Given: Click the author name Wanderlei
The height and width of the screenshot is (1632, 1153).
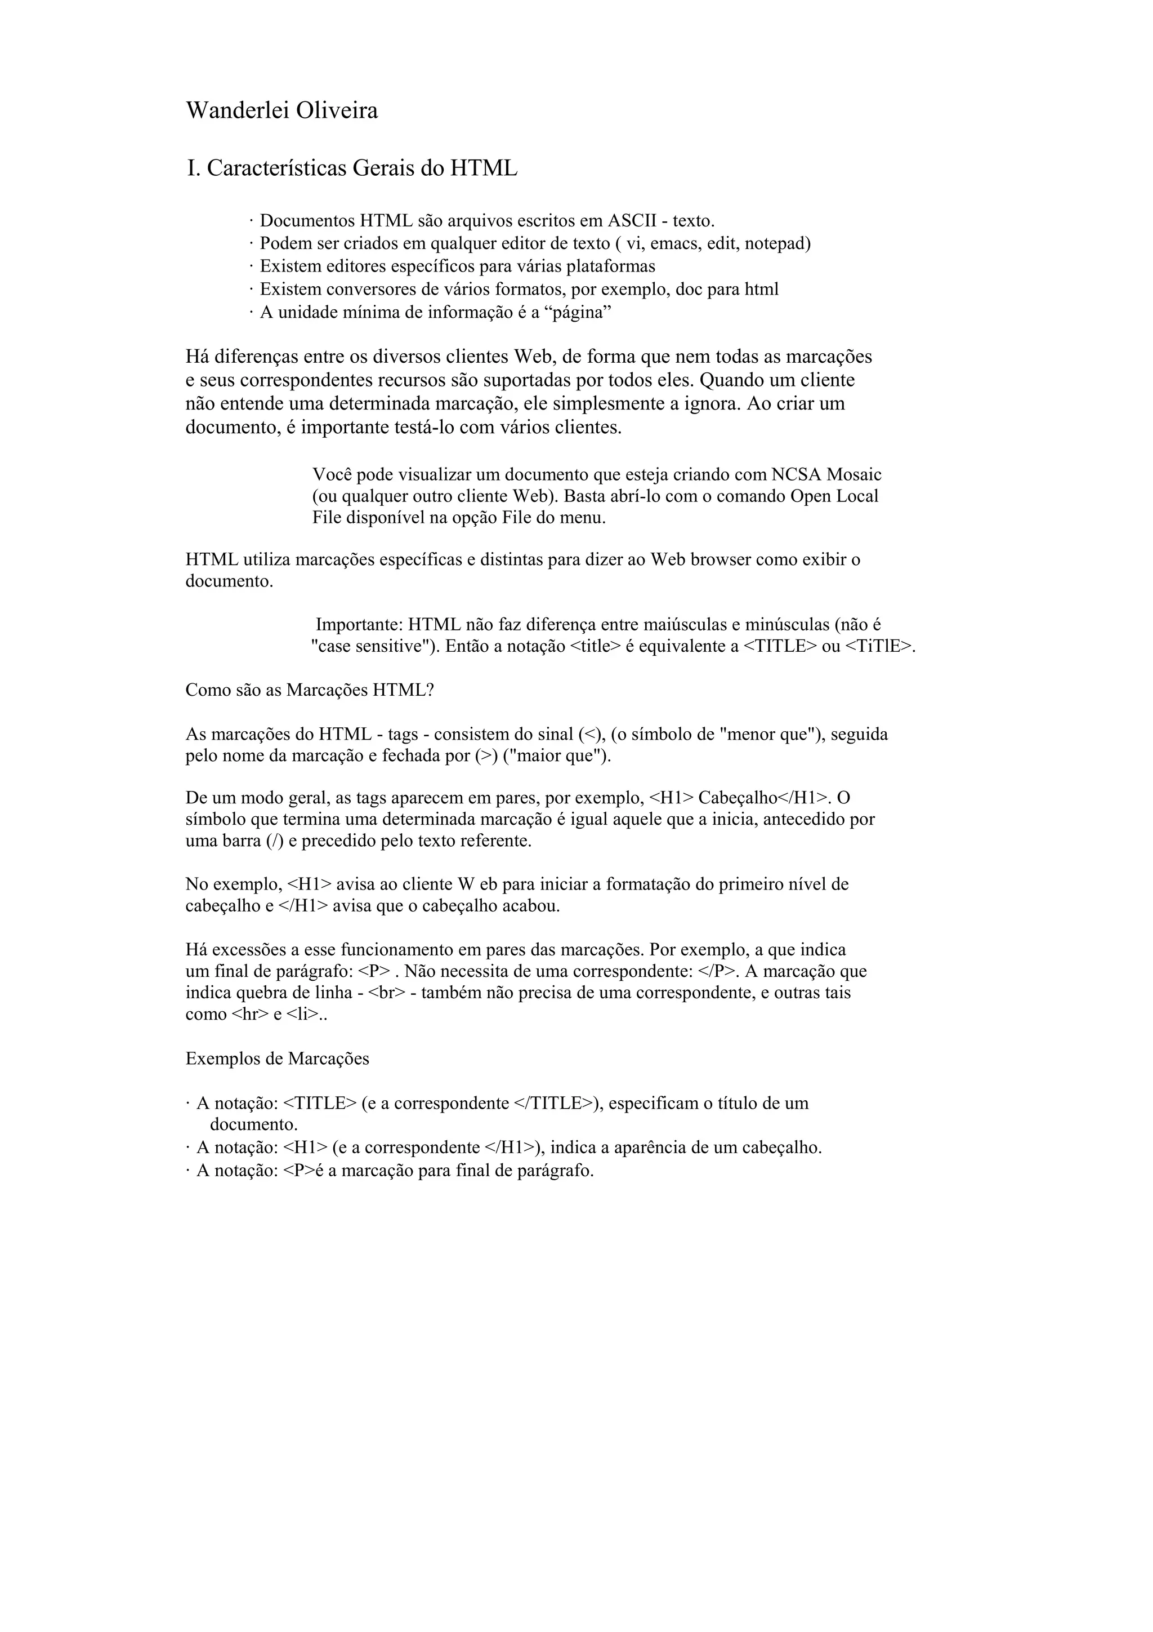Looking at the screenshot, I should (x=236, y=111).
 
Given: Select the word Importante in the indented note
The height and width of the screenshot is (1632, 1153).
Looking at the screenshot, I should (x=359, y=625).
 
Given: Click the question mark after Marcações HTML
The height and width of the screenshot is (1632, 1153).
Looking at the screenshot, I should (x=429, y=690).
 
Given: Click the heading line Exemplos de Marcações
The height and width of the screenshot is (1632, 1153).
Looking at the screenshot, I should (x=277, y=1059).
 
